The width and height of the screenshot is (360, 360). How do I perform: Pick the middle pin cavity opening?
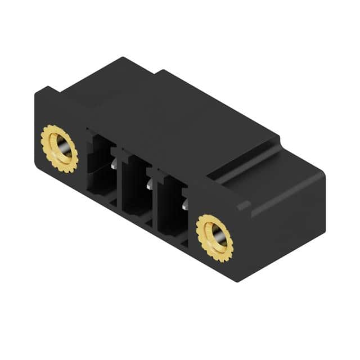134,188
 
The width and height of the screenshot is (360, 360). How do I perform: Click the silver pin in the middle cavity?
149,184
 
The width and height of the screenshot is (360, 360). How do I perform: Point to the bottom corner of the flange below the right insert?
239,278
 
